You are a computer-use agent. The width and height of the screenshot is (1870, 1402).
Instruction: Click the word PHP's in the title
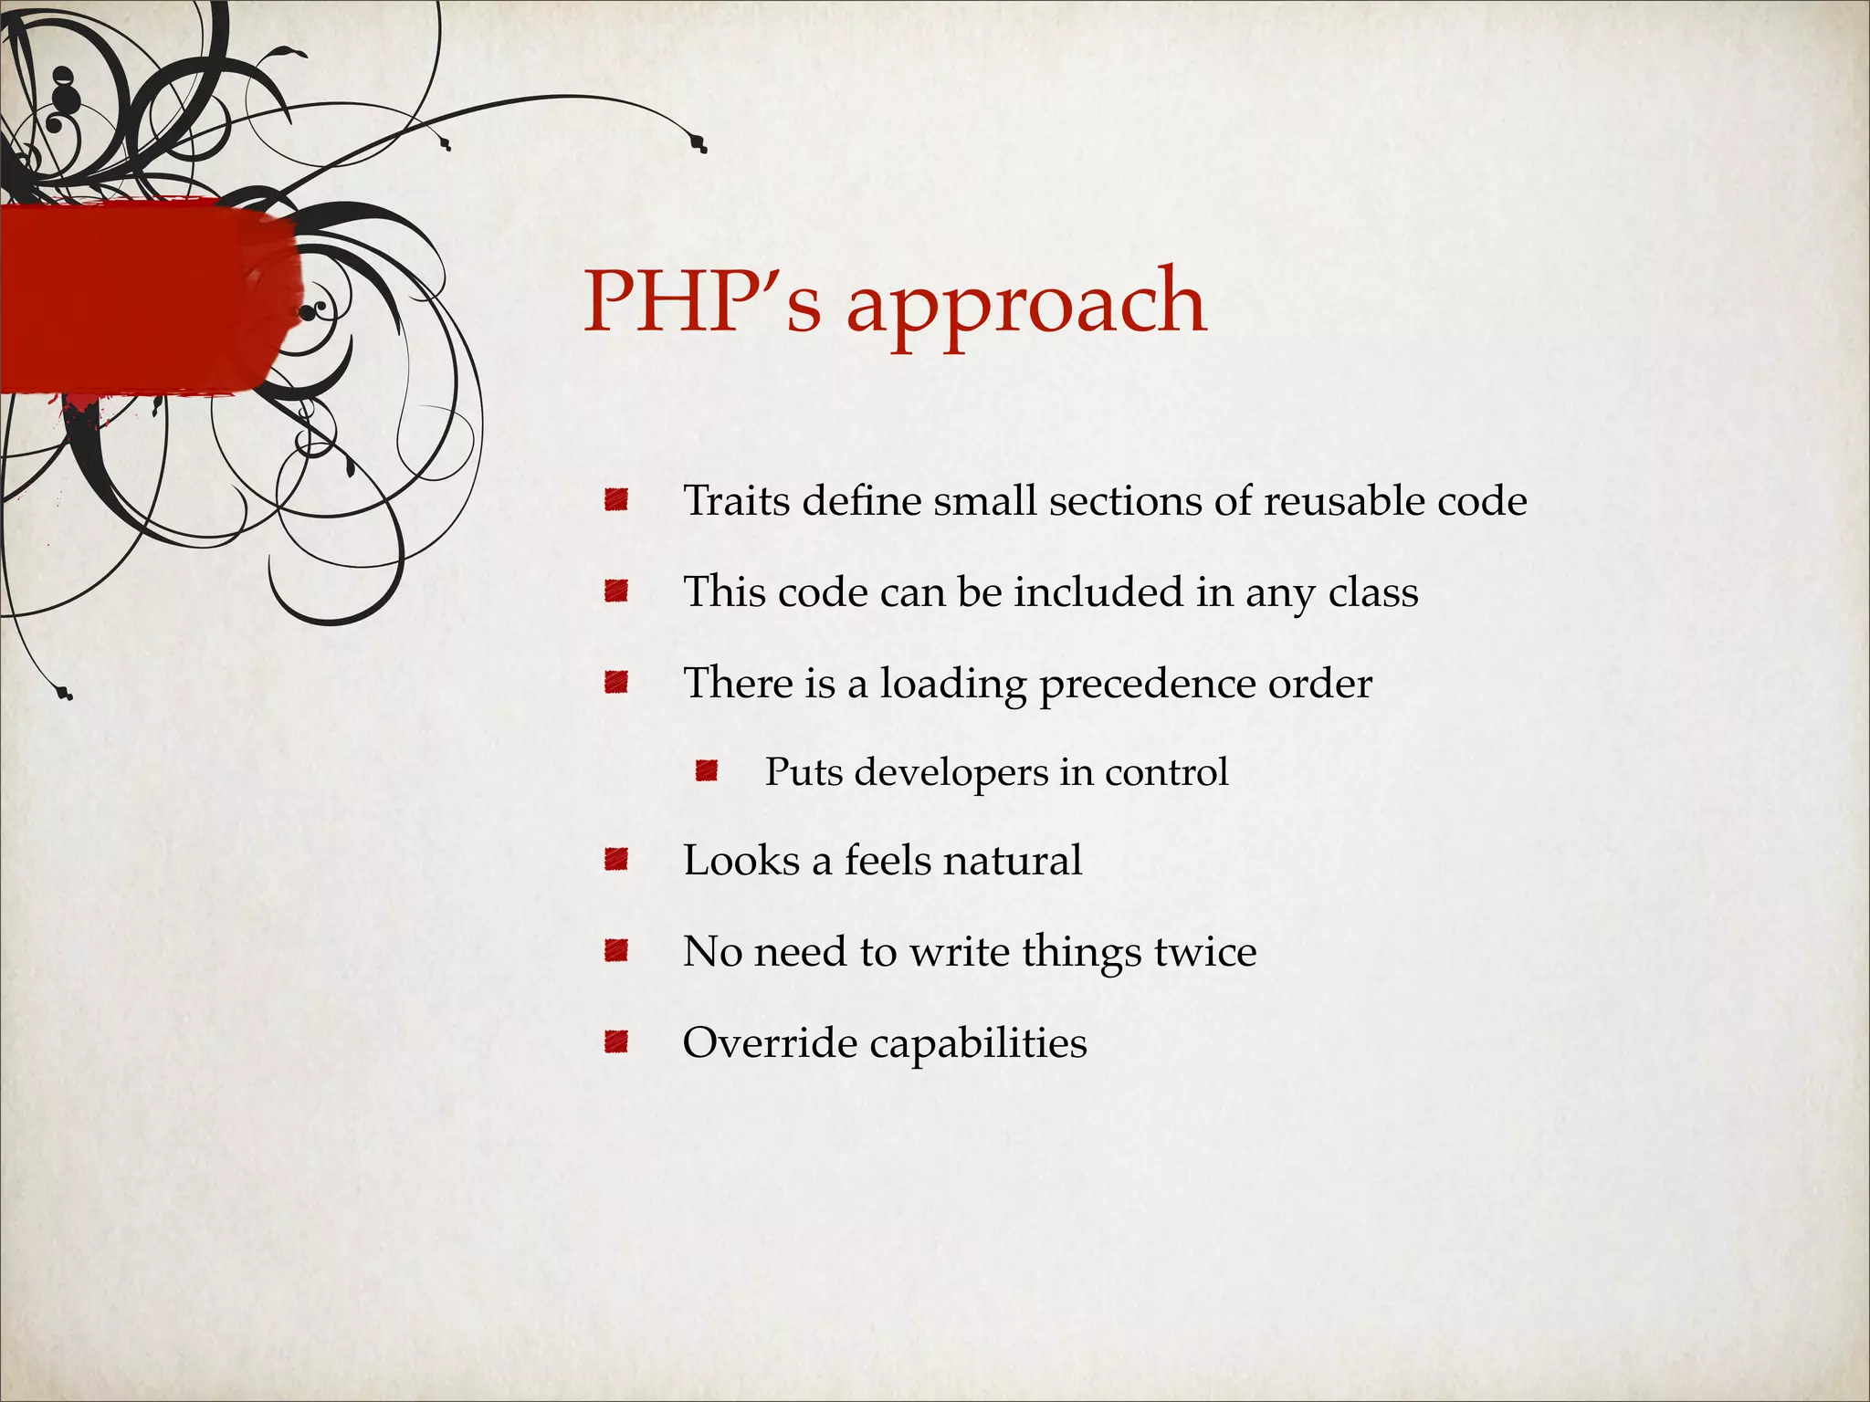point(701,301)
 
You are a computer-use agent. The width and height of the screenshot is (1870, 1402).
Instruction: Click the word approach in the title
point(1026,306)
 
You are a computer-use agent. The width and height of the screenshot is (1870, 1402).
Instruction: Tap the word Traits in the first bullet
point(736,501)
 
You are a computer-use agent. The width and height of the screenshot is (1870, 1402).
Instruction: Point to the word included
point(1098,592)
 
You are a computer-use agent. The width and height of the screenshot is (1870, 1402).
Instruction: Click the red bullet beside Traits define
point(616,500)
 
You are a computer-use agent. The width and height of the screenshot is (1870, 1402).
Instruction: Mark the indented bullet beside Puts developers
point(706,772)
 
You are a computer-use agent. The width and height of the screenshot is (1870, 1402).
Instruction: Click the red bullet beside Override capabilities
point(616,1041)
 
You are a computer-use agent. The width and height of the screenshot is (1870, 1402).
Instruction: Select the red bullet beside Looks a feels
point(616,860)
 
